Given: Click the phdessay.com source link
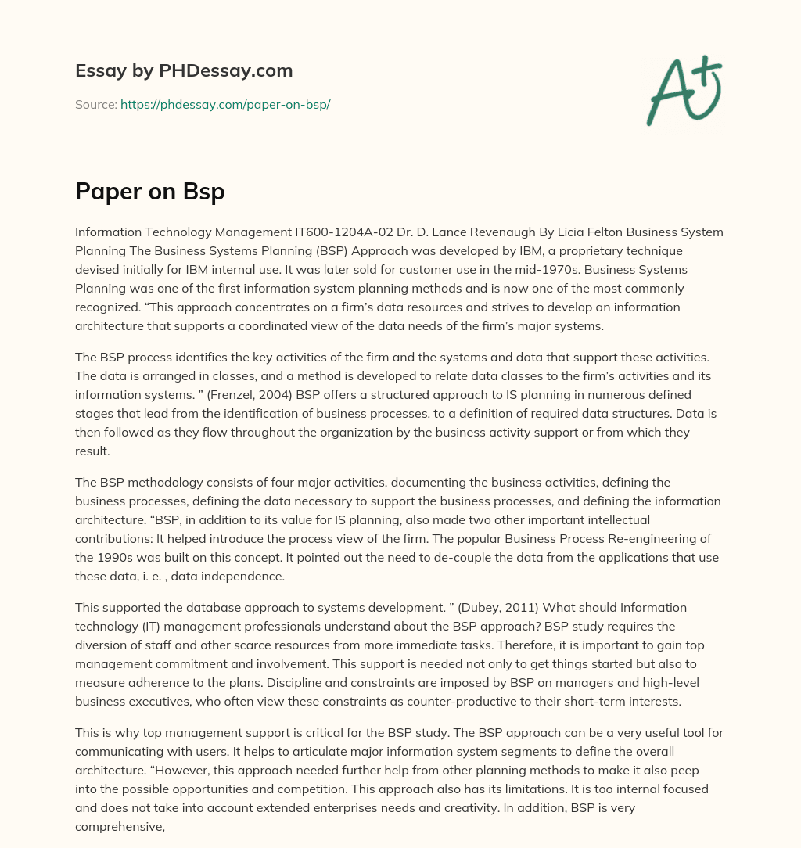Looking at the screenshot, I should (x=225, y=104).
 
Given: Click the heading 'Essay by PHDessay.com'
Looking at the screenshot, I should (x=184, y=70).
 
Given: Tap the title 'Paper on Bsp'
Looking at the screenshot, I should (x=149, y=190).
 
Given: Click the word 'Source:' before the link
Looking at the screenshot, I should (x=95, y=104).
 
